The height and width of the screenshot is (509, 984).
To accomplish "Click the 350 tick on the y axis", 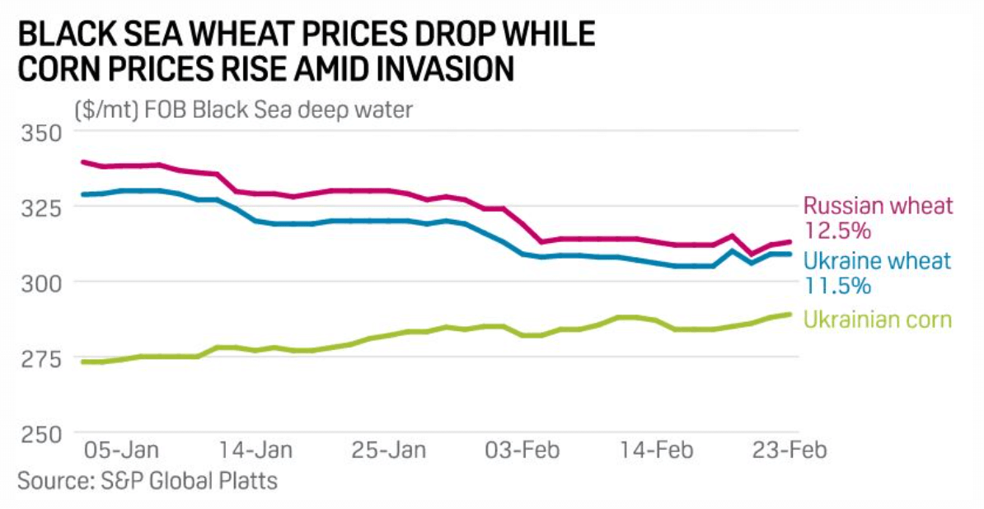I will coord(39,133).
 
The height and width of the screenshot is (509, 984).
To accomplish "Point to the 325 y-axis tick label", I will coord(39,208).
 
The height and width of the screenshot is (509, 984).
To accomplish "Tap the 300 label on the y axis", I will coord(39,283).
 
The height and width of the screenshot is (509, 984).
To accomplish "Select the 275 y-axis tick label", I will coord(39,358).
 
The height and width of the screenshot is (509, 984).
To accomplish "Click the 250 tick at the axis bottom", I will coord(39,433).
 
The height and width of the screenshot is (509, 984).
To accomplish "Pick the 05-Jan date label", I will coord(123,451).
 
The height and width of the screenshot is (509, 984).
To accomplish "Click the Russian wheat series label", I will coord(878,205).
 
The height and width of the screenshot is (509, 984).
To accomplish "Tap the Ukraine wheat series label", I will coord(878,262).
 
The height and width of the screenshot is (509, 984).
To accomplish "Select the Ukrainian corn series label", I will coord(878,320).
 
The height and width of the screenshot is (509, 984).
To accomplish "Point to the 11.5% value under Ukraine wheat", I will coord(836,286).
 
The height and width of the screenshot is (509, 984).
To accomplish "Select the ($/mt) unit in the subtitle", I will coord(106,109).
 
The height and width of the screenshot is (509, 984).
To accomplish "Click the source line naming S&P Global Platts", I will coord(148,481).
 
